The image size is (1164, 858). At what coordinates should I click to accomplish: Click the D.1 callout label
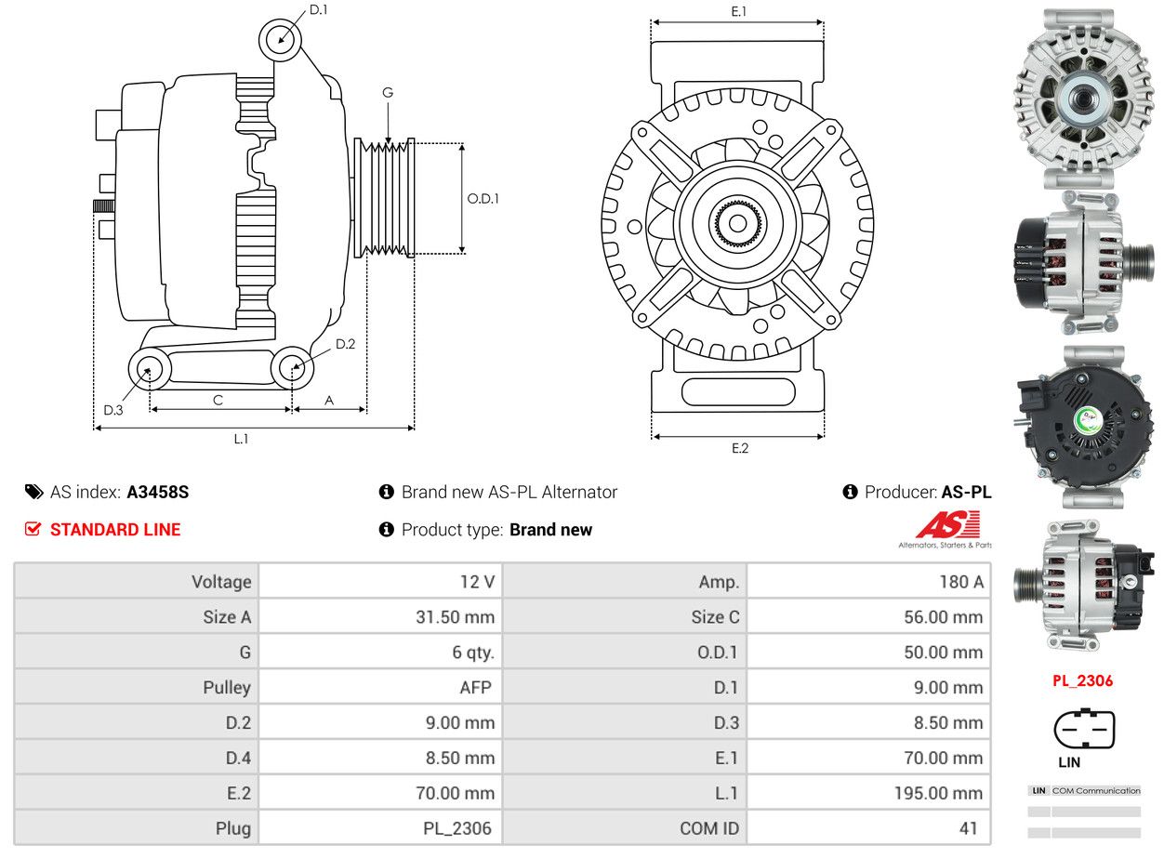(x=318, y=10)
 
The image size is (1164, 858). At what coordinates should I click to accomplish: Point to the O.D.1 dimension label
(x=483, y=199)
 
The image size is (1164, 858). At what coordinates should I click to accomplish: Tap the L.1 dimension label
(x=241, y=439)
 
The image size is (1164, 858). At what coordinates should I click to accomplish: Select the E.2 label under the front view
(x=739, y=448)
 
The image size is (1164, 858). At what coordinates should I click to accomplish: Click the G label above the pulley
(x=388, y=93)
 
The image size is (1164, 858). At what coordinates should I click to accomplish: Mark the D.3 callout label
(x=113, y=411)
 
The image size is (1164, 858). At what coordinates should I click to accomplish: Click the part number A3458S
(x=158, y=492)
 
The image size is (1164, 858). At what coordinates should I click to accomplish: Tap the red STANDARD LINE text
(x=115, y=530)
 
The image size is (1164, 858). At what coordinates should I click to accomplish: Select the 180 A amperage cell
(x=961, y=582)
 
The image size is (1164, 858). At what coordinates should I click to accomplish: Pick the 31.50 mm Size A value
(x=455, y=617)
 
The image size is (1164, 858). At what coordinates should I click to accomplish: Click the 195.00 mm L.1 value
(x=938, y=794)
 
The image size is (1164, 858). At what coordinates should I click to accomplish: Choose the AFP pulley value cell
(x=475, y=688)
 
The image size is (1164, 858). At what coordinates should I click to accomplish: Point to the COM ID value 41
(x=968, y=828)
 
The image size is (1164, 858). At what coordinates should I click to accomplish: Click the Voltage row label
(x=221, y=582)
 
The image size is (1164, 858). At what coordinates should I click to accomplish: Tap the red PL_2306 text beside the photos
(x=1082, y=680)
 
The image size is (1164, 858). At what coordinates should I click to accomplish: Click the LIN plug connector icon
(x=1084, y=728)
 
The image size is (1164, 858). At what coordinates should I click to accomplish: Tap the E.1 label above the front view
(x=738, y=11)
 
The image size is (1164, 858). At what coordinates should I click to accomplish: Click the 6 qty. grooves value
(x=473, y=653)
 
